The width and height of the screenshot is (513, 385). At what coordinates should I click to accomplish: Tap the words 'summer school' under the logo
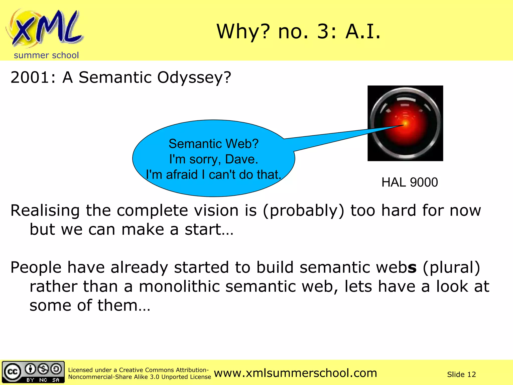click(46, 55)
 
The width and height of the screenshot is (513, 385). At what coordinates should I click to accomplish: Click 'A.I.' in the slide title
click(363, 32)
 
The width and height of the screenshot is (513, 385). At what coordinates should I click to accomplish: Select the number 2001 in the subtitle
click(30, 77)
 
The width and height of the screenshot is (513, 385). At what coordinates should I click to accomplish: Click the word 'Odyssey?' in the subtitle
click(194, 78)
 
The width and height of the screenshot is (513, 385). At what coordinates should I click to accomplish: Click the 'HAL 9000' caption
click(410, 182)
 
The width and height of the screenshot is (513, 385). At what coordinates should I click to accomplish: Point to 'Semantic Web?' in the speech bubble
click(213, 144)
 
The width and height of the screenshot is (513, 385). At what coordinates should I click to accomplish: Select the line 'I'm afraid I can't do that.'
click(213, 174)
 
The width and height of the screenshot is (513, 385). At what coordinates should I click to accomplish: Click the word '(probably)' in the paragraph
click(304, 211)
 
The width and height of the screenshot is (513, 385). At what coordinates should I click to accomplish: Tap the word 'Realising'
click(45, 211)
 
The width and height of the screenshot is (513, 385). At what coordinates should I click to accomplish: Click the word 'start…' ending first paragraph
click(209, 229)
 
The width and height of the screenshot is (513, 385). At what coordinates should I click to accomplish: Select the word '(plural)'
click(451, 267)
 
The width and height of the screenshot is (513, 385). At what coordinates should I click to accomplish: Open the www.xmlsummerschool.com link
click(295, 373)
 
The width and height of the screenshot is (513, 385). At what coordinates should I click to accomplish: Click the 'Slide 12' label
click(461, 374)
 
